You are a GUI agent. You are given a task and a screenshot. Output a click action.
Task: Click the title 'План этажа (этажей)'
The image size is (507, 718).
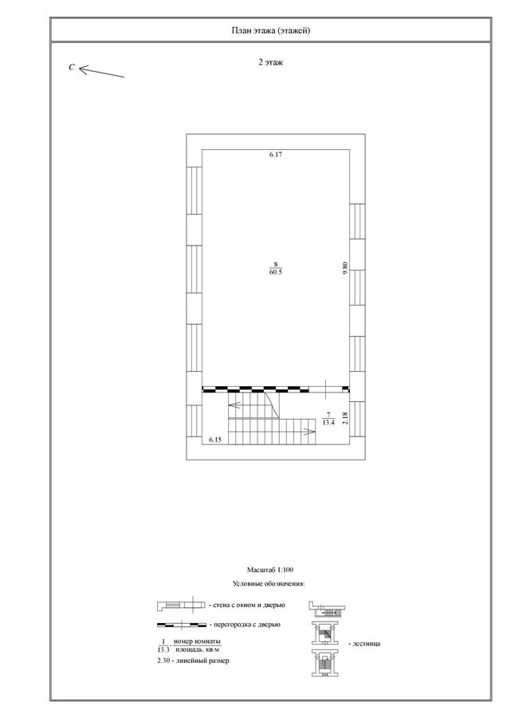[270, 30]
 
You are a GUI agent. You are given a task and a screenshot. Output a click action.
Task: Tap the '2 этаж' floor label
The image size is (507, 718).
[270, 62]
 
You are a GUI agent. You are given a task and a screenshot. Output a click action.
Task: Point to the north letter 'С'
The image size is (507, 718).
[72, 67]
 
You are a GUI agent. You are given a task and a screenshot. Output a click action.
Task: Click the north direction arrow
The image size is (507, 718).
[101, 72]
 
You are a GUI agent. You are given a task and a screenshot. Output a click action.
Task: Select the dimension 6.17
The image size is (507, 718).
[276, 155]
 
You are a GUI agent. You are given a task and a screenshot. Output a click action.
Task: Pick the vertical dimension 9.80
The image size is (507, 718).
[345, 267]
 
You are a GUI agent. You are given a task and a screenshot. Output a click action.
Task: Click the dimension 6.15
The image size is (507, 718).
[215, 440]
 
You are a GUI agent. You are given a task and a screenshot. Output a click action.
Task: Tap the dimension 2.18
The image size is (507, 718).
[345, 418]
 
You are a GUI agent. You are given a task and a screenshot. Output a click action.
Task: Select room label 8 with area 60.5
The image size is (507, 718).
[276, 268]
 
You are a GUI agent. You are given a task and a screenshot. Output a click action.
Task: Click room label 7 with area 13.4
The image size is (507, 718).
[328, 419]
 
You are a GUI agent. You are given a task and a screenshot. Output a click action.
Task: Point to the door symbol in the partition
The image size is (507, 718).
[325, 389]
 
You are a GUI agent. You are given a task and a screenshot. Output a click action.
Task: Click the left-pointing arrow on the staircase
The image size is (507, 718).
[235, 404]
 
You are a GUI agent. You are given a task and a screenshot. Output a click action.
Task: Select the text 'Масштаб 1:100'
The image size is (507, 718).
[270, 570]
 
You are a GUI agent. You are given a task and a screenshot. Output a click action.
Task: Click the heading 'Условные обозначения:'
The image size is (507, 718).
[269, 584]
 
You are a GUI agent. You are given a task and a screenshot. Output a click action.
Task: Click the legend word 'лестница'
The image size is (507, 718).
[367, 643]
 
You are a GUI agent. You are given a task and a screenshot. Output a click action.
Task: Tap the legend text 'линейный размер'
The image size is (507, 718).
[202, 661]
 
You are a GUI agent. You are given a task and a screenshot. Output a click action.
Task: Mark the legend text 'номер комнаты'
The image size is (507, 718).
[197, 641]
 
